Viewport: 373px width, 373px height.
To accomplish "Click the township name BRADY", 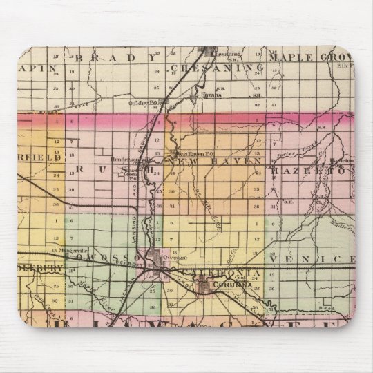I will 118,58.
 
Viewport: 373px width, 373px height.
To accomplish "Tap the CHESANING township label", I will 217,67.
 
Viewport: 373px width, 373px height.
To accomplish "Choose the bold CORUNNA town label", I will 211,283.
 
